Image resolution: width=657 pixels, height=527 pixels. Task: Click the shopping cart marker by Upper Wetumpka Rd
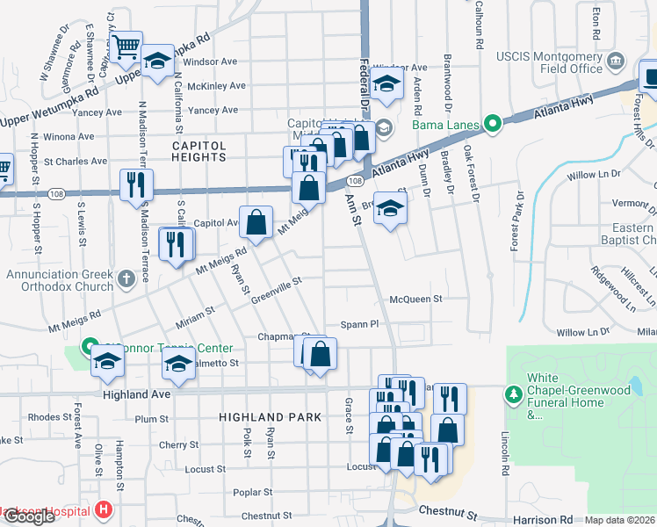tap(127, 46)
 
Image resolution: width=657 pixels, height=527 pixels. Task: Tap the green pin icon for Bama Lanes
tap(493, 123)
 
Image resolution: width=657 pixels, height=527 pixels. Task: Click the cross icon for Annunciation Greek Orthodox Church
tap(126, 279)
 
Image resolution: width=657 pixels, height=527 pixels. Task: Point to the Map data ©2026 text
tap(620, 520)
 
